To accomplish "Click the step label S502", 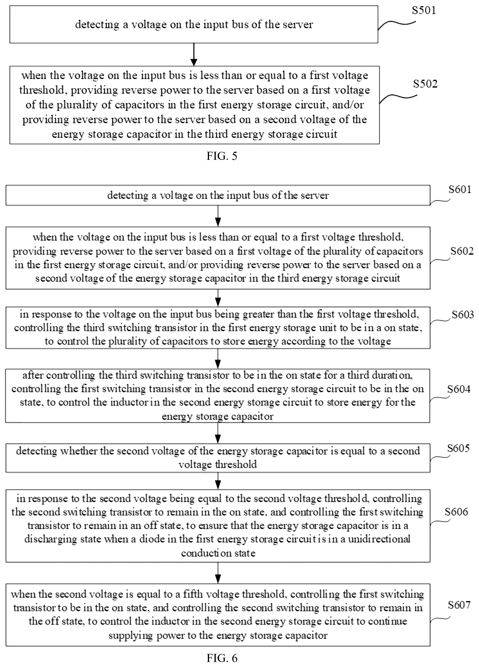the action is (425, 84).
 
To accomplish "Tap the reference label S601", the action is (460, 189).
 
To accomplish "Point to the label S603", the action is (463, 315).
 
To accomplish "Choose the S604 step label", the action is (459, 389).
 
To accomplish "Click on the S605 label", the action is (458, 448).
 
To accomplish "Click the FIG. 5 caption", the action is (222, 156).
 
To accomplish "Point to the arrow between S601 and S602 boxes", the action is (218, 216).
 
